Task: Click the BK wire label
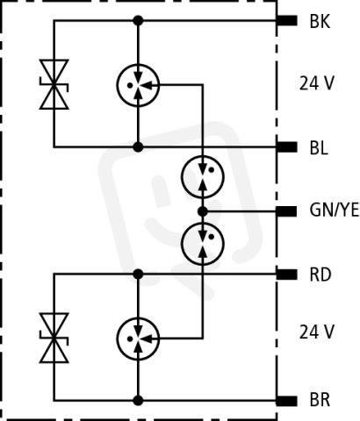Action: pos(320,21)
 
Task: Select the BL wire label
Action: pos(319,148)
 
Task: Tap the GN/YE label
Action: pos(335,210)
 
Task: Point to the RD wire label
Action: pos(320,275)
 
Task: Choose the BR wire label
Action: pos(320,400)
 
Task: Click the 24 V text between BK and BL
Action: pos(316,83)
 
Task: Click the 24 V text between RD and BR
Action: pos(316,332)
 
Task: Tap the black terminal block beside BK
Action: pos(287,21)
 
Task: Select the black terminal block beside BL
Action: pos(287,147)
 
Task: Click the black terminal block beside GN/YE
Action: pos(287,211)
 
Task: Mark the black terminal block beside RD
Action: pos(287,275)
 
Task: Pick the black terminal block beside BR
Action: pos(287,401)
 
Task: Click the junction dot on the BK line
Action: pos(138,21)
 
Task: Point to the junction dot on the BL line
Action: pos(138,147)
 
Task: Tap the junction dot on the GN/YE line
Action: pos(203,211)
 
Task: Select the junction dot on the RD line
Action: pos(138,275)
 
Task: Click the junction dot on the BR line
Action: pos(138,401)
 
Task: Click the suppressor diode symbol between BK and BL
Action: pos(54,84)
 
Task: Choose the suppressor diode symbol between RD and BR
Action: pos(54,338)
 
